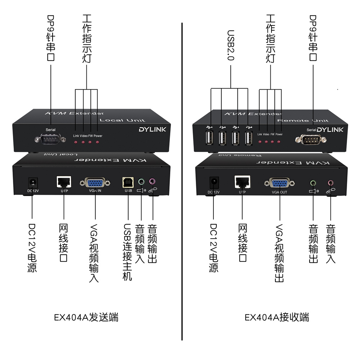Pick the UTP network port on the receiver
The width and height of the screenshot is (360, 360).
point(242,181)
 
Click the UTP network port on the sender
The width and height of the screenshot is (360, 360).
point(64,181)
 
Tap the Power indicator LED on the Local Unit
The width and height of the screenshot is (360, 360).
point(98,143)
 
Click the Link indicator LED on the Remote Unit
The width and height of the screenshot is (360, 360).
point(260,141)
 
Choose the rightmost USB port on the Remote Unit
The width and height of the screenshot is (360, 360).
point(248,138)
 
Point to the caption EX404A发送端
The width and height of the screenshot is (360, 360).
point(86,318)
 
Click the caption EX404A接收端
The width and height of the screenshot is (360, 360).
point(277,318)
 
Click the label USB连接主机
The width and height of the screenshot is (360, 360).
point(128,252)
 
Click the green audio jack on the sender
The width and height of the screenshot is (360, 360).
point(141,182)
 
